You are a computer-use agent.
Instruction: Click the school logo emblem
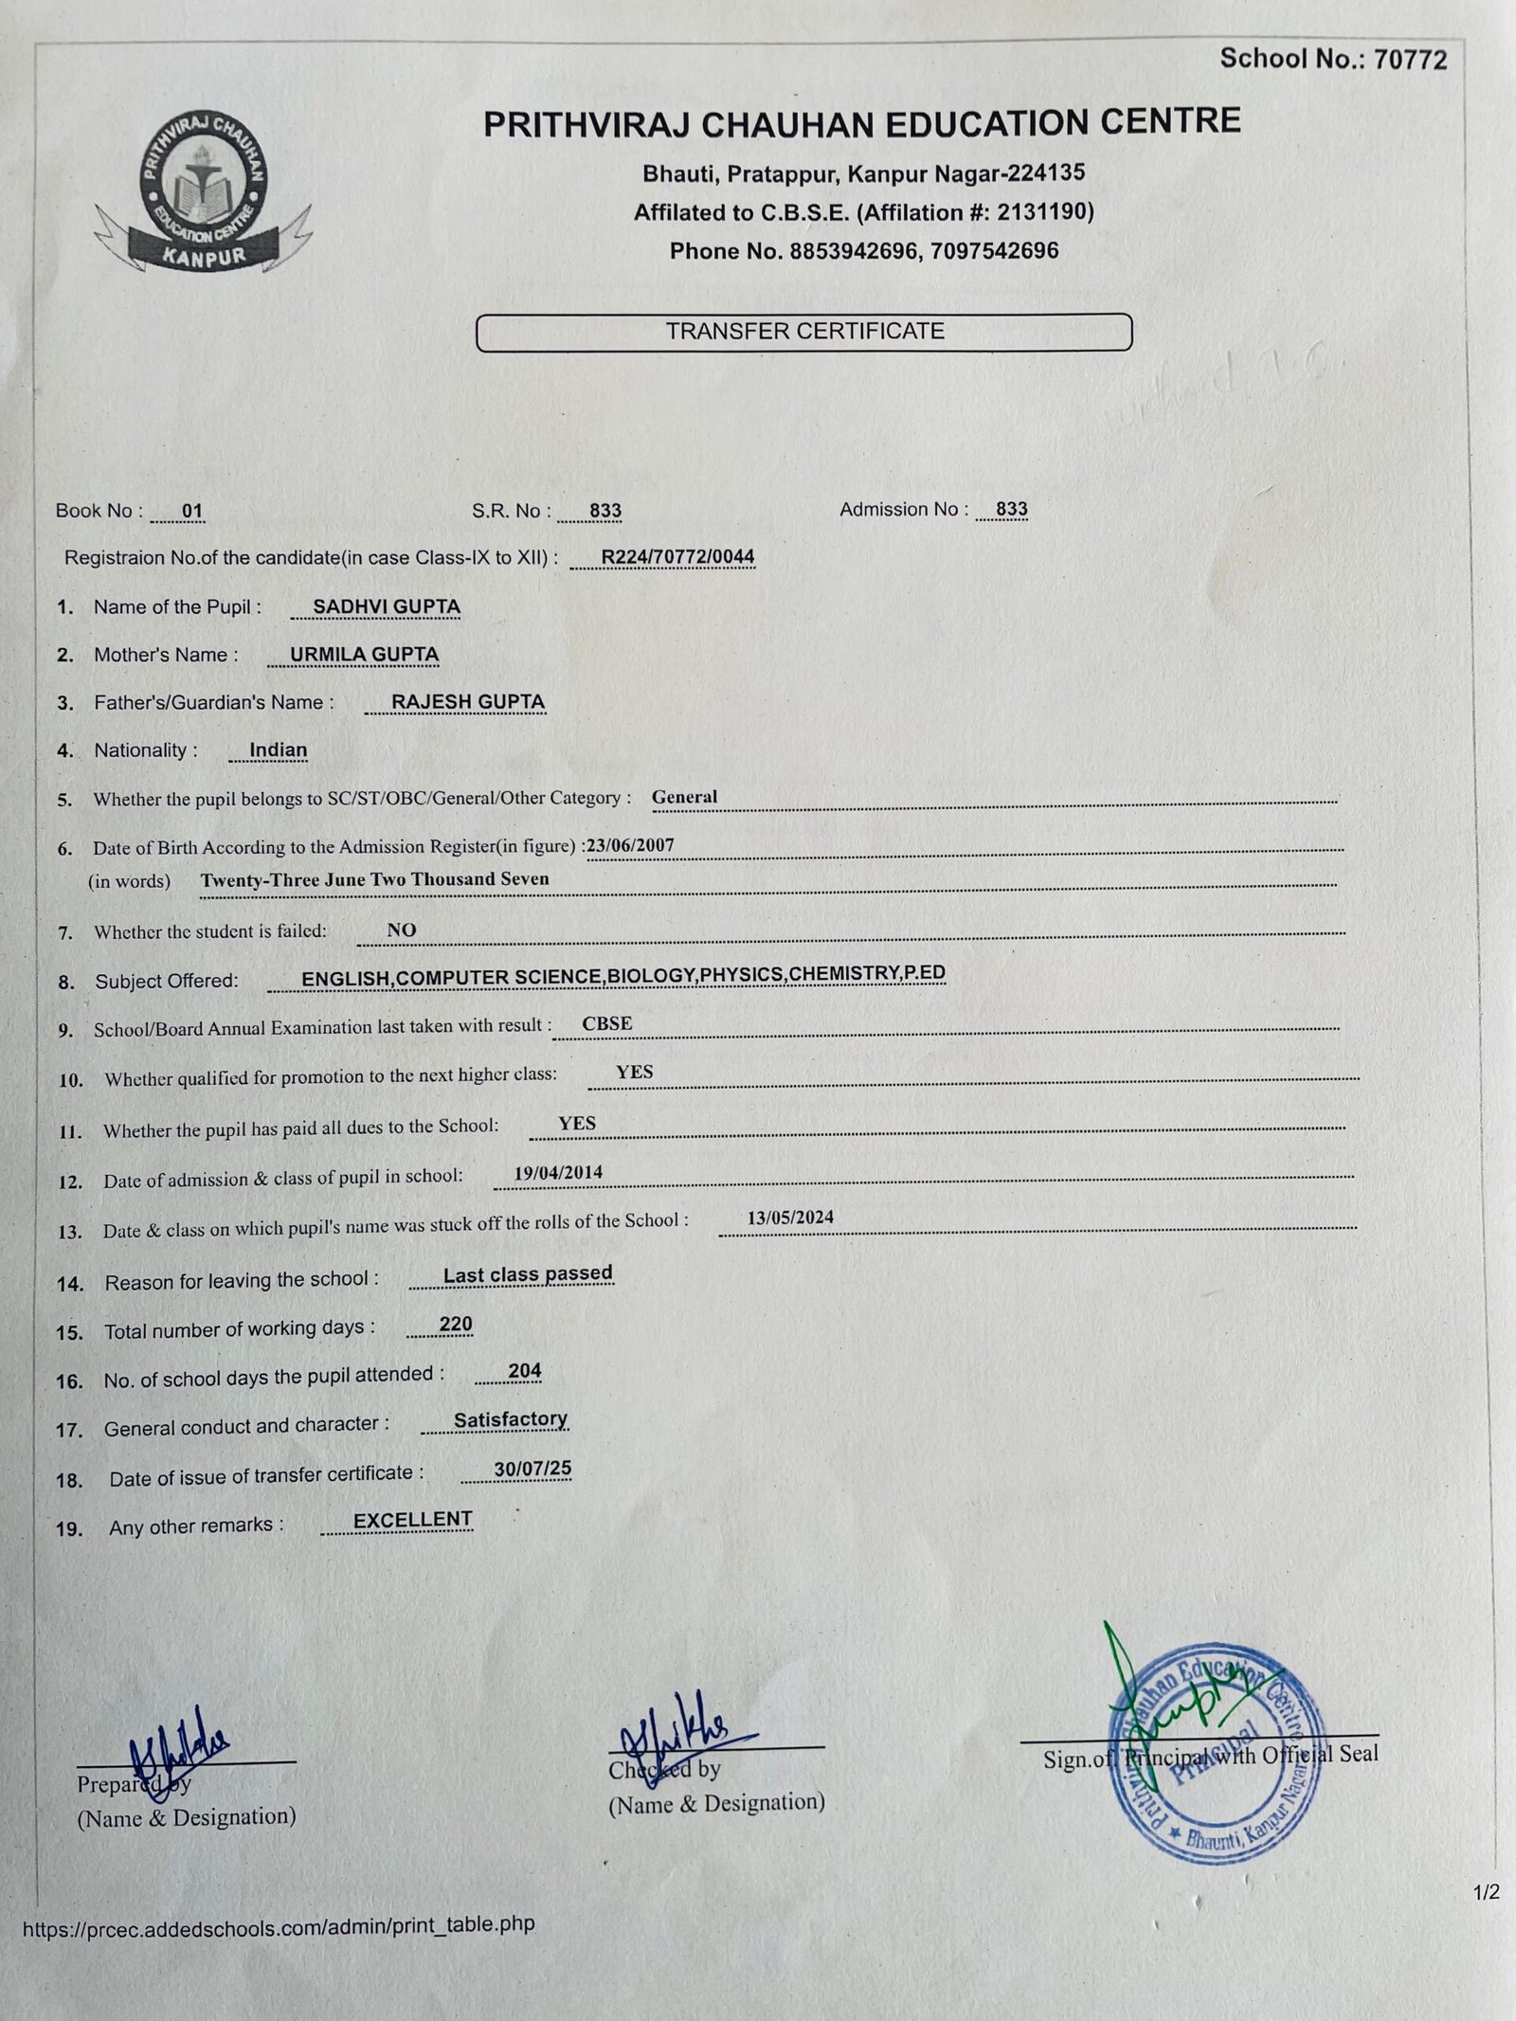pos(203,193)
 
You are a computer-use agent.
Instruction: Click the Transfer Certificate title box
pos(803,332)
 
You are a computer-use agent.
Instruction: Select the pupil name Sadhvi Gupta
pos(387,606)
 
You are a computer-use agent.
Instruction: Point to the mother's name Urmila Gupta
pos(364,655)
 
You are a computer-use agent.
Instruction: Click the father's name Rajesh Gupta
pos(468,702)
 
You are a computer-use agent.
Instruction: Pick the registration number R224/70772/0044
pos(677,556)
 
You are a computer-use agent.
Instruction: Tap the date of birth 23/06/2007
pos(631,845)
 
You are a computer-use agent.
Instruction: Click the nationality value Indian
pos(278,749)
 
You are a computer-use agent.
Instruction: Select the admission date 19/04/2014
pos(558,1172)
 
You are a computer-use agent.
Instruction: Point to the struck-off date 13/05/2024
pos(790,1218)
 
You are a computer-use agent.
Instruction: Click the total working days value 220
pos(456,1324)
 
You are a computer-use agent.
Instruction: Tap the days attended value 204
pos(524,1371)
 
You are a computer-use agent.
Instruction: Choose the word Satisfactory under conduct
pos(510,1419)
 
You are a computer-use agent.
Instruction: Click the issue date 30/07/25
pos(532,1470)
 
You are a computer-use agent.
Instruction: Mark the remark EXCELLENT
pos(412,1520)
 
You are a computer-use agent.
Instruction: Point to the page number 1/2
pos(1486,1893)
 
